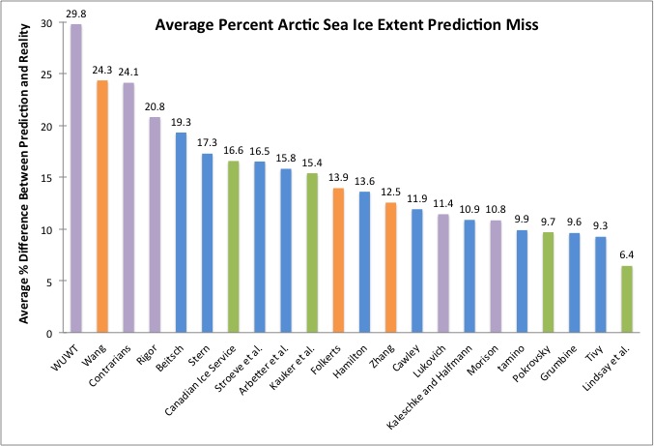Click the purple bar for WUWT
tap(76, 179)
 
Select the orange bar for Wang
tap(102, 207)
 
